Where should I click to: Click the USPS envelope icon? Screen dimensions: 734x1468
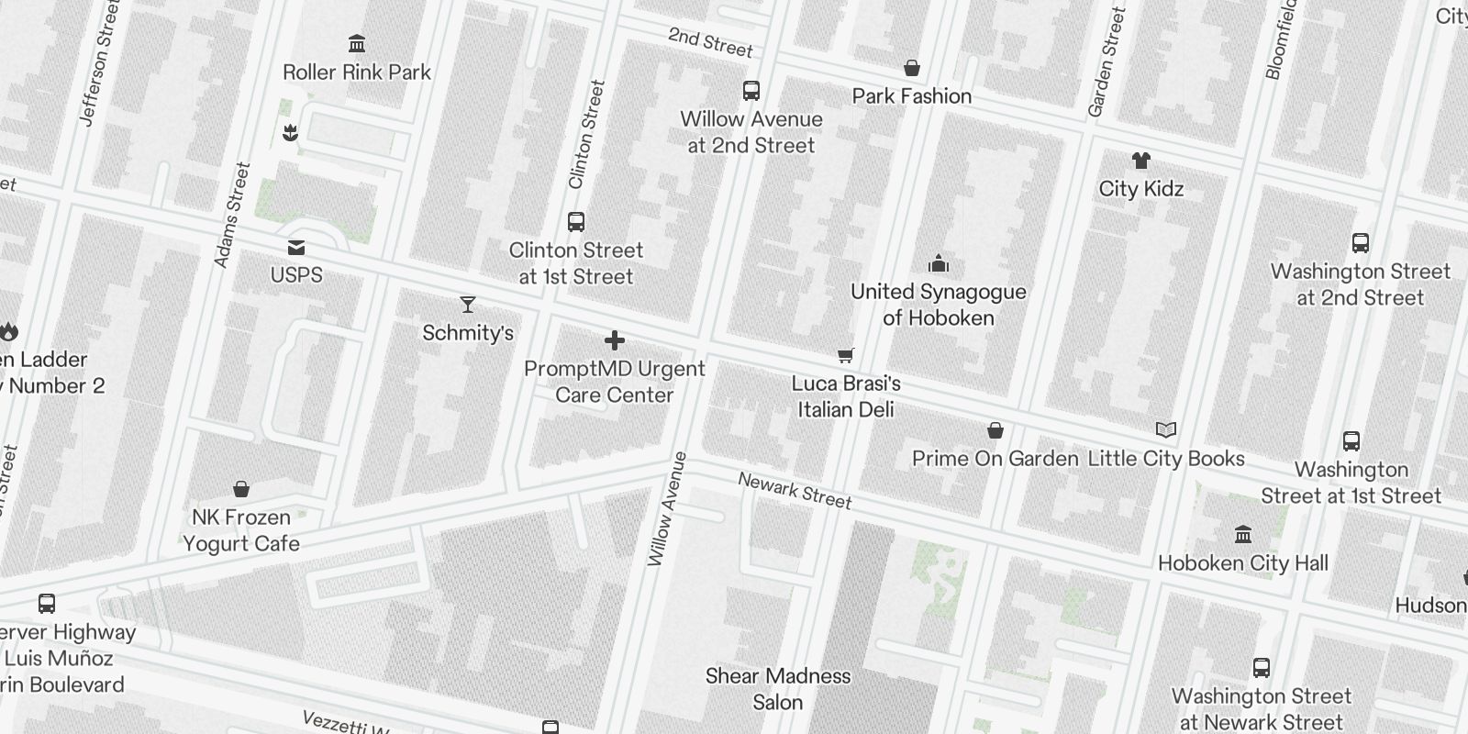pyautogui.click(x=296, y=248)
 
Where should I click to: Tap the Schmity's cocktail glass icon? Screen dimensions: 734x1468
pyautogui.click(x=468, y=305)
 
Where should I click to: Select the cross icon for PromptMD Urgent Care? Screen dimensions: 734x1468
pyautogui.click(x=615, y=341)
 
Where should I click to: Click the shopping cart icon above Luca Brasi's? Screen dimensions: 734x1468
pyautogui.click(x=846, y=355)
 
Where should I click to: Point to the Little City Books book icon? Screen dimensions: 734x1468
pyautogui.click(x=1166, y=429)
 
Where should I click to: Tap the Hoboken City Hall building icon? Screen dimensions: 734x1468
pyautogui.click(x=1243, y=534)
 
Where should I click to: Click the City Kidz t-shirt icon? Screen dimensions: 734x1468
pyautogui.click(x=1140, y=161)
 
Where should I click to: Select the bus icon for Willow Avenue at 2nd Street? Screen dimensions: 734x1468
pyautogui.click(x=751, y=91)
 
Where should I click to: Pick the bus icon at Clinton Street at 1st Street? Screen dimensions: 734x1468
pyautogui.click(x=576, y=222)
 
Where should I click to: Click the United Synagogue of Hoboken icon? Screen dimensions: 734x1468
pyautogui.click(x=938, y=264)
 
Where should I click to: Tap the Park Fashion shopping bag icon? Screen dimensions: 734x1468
pyautogui.click(x=912, y=68)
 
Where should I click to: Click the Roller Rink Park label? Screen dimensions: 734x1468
pyautogui.click(x=357, y=72)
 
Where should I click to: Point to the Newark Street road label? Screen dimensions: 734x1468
pyautogui.click(x=795, y=490)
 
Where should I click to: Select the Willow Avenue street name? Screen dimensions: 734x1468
pyautogui.click(x=667, y=509)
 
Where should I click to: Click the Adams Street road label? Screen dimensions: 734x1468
pyautogui.click(x=231, y=216)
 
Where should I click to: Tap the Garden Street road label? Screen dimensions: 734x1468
pyautogui.click(x=1106, y=62)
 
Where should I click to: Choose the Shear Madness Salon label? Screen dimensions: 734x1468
pyautogui.click(x=778, y=689)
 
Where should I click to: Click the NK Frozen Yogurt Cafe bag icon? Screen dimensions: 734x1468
pyautogui.click(x=241, y=489)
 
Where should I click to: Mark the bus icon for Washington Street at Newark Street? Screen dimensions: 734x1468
pyautogui.click(x=1262, y=668)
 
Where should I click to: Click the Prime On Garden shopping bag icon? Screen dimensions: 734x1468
pyautogui.click(x=995, y=430)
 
